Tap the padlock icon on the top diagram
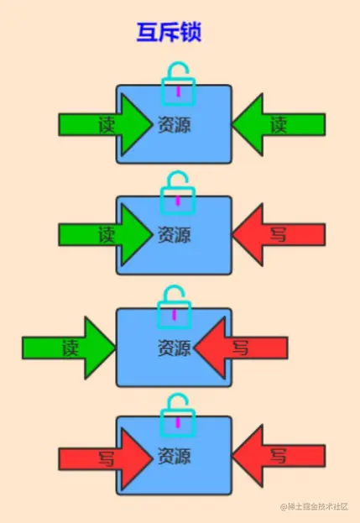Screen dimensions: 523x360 pyautogui.click(x=178, y=83)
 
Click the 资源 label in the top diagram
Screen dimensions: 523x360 pyautogui.click(x=174, y=125)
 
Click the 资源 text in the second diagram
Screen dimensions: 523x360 pyautogui.click(x=174, y=235)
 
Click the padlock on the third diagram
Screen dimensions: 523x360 pyautogui.click(x=175, y=306)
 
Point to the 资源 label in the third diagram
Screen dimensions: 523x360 pyautogui.click(x=174, y=347)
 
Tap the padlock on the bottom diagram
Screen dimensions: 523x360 pyautogui.click(x=178, y=416)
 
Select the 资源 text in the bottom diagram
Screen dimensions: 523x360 pyautogui.click(x=174, y=458)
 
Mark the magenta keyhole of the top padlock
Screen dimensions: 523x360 pyautogui.click(x=178, y=90)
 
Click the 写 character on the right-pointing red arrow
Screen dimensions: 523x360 pyautogui.click(x=107, y=458)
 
